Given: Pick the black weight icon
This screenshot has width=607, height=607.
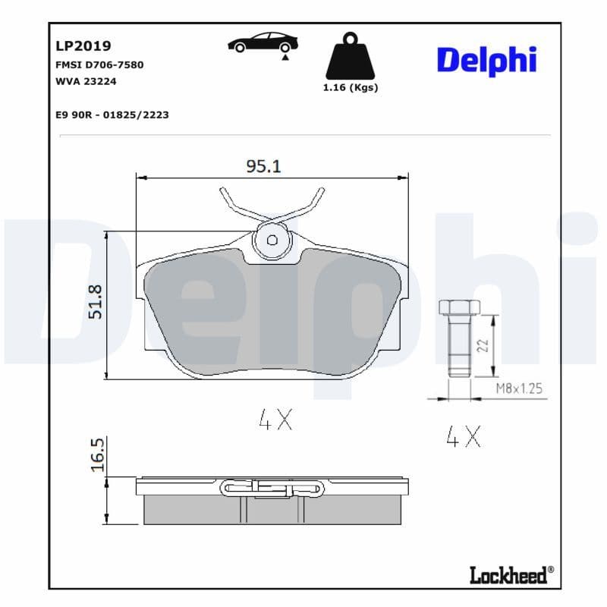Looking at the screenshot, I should (x=351, y=56).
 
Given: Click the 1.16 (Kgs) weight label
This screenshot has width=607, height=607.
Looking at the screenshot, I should (x=350, y=87).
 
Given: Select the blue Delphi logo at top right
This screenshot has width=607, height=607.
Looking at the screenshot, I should (x=486, y=61).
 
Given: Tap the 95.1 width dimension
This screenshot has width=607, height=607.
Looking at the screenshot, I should (x=263, y=166).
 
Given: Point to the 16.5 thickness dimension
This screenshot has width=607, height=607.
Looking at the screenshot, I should (x=96, y=454).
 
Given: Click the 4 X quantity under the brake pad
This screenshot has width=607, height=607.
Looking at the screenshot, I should (x=275, y=420).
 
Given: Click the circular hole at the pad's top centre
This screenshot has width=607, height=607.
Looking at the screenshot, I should (x=272, y=240).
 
